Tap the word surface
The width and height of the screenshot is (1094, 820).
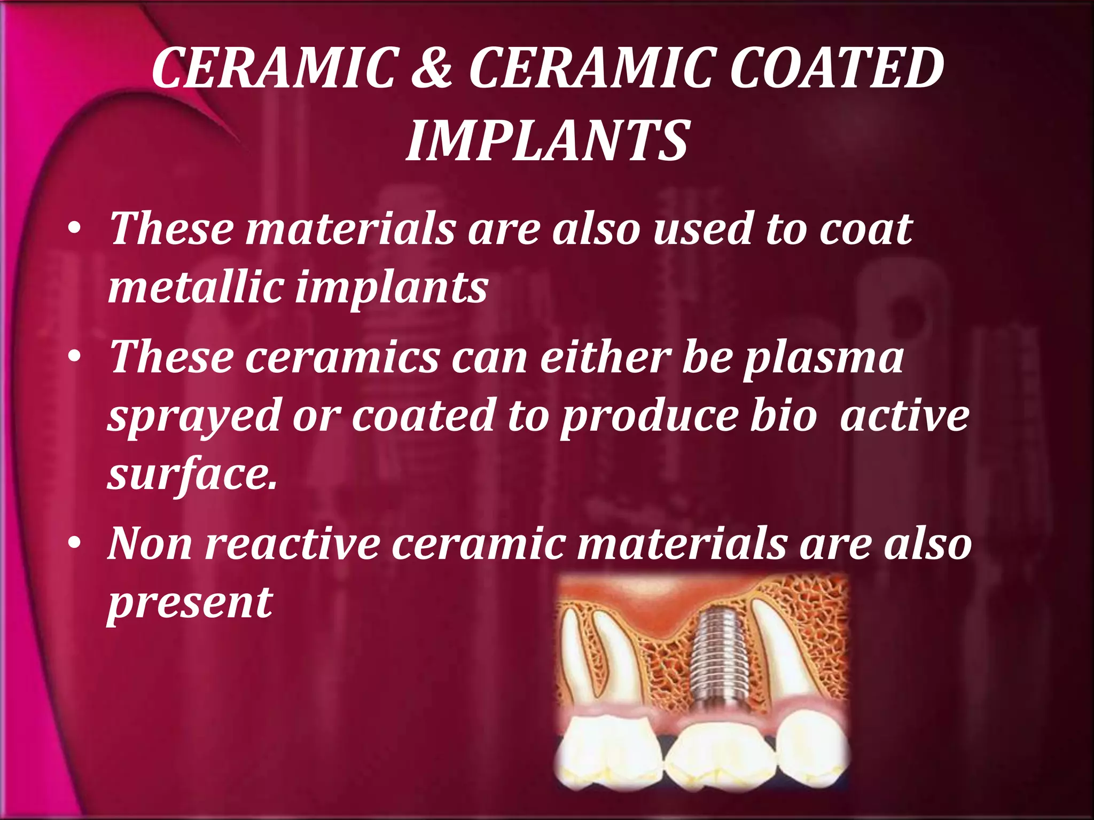(x=191, y=474)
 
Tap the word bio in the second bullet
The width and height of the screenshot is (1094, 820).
(x=783, y=416)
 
